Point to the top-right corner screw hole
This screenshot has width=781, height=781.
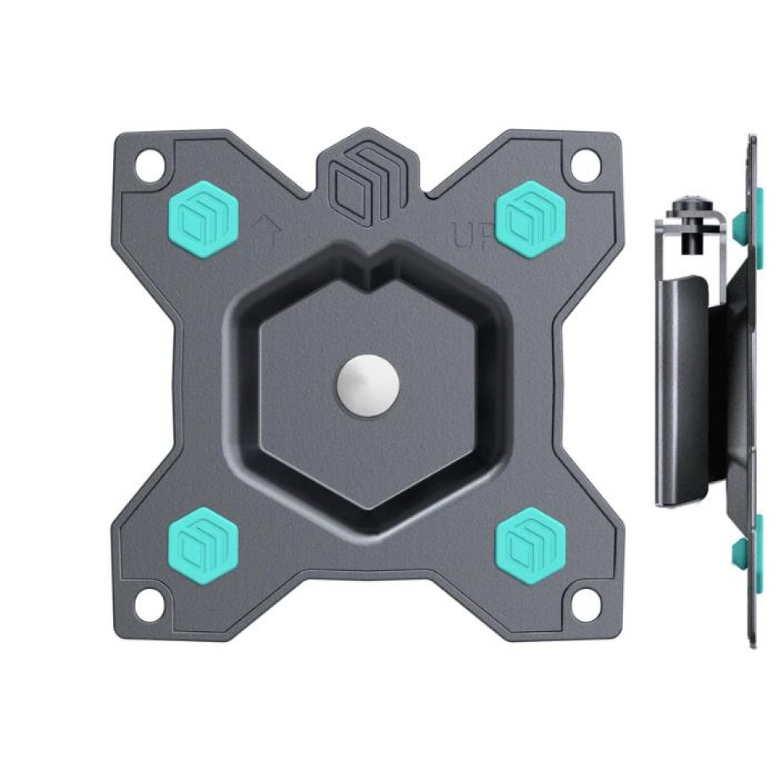pos(583,166)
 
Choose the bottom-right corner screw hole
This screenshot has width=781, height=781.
pos(583,604)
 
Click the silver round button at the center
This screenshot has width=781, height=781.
pos(366,385)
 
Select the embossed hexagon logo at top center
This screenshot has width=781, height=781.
pos(365,180)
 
